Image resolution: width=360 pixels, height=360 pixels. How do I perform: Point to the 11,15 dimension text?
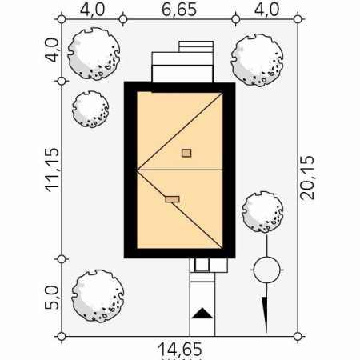point(53,170)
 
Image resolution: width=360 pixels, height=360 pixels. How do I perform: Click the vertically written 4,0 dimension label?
point(52,50)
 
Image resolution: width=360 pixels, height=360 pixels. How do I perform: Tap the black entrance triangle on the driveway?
point(203,313)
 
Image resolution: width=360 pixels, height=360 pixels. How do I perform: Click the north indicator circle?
point(266,270)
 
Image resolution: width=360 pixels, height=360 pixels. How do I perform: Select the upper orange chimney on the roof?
point(186,153)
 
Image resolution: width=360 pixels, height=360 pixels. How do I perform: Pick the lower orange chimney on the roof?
point(172,200)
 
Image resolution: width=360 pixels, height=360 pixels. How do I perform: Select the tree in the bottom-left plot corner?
point(97,296)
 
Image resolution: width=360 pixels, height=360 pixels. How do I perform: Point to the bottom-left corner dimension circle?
point(62,336)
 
